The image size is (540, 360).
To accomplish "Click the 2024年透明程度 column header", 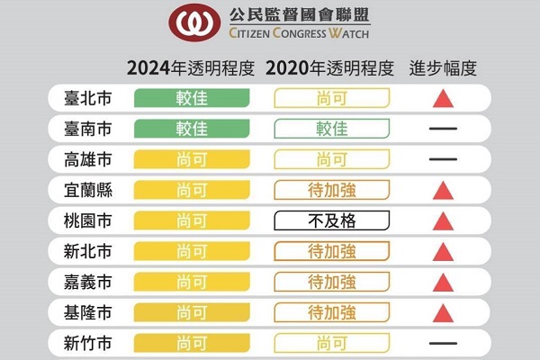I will tap(191, 68).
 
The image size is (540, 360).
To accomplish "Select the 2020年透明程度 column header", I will tap(331, 68).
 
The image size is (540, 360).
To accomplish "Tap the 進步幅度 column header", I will tap(443, 68).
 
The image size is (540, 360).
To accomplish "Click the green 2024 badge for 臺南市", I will tap(192, 129).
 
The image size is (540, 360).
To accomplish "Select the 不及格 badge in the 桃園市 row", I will tap(333, 220).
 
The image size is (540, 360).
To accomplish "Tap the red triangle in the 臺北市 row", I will tap(443, 99).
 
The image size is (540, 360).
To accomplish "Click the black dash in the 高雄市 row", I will tap(443, 159).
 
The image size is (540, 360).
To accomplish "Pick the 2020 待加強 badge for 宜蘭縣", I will tap(333, 190).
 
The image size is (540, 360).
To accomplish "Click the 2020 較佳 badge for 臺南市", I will tap(333, 129).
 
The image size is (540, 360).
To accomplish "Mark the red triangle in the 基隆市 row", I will tap(443, 312).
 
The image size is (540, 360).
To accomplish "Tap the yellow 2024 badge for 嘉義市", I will tap(192, 282).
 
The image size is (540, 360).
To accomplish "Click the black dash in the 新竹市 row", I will tap(443, 343).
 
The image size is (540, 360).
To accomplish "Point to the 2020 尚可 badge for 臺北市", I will tap(333, 98).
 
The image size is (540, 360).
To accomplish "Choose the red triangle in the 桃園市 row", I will tap(443, 221).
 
